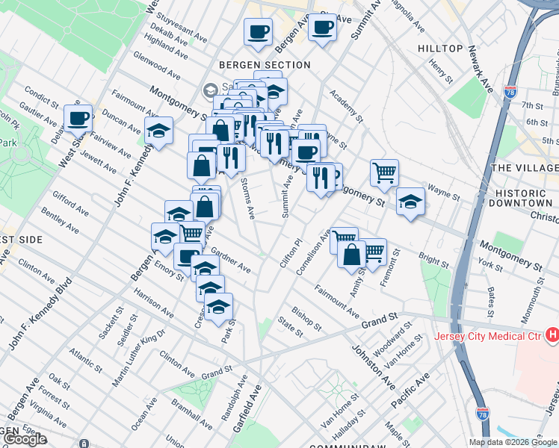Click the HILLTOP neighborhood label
click(x=440, y=49)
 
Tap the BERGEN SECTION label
click(x=265, y=65)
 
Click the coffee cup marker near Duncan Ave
click(x=78, y=118)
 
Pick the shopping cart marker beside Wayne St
click(x=384, y=172)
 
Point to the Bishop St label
click(x=306, y=318)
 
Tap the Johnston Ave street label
click(x=373, y=366)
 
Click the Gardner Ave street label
click(x=231, y=260)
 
